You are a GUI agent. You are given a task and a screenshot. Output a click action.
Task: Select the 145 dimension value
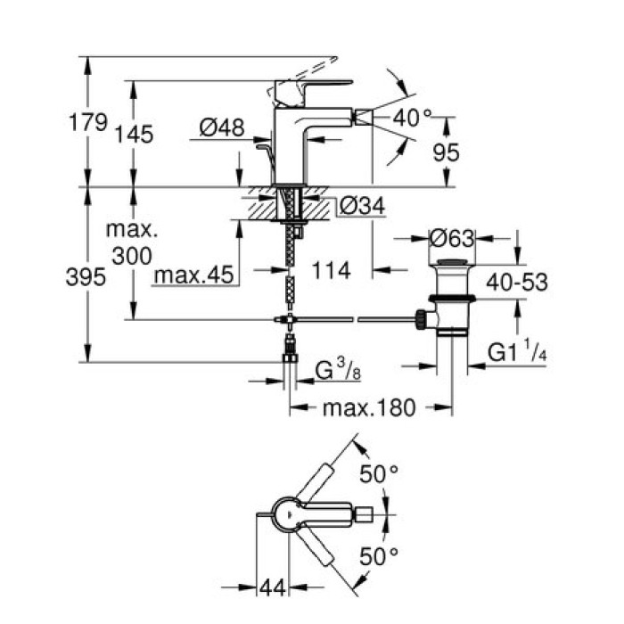(x=134, y=135)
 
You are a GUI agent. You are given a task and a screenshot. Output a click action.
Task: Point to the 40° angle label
(x=412, y=117)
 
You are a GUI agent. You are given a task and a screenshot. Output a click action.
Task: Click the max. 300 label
(x=132, y=243)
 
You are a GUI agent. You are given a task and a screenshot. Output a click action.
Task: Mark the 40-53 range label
(x=517, y=283)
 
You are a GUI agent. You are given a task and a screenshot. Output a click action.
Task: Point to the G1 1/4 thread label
(x=515, y=354)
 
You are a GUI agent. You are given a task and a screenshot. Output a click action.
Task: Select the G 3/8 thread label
(x=340, y=369)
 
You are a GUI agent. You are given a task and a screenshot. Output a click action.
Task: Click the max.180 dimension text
(x=368, y=408)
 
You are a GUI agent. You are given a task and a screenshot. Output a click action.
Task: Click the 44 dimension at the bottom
(x=272, y=588)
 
